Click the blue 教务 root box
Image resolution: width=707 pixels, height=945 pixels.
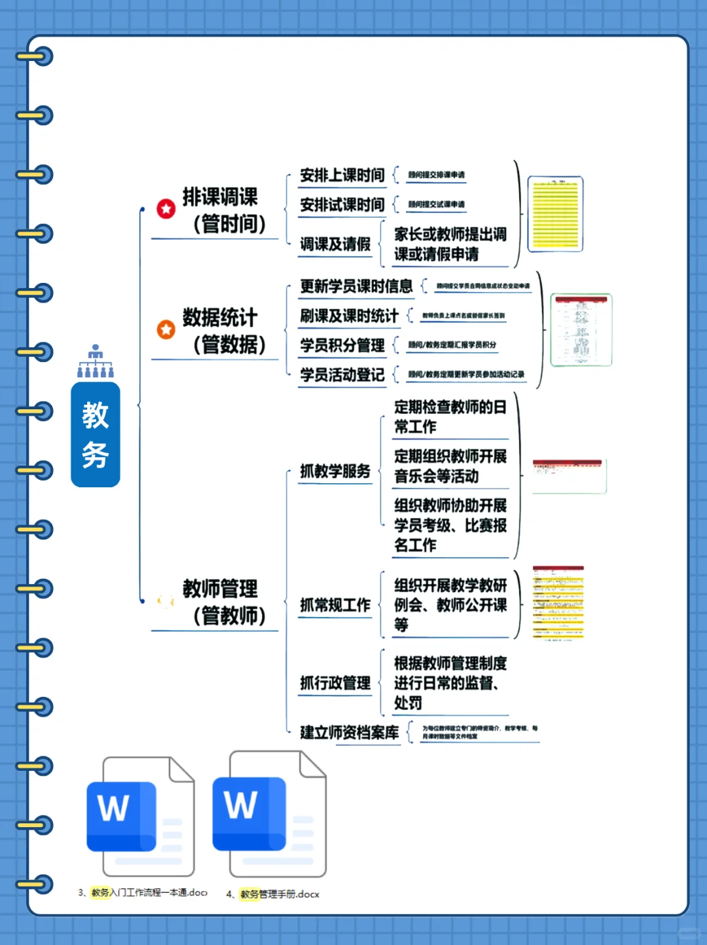(96, 434)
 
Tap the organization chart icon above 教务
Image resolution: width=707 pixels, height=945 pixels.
(96, 361)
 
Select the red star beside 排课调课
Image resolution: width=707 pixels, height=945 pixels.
(166, 209)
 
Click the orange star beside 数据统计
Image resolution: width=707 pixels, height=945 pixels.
(166, 329)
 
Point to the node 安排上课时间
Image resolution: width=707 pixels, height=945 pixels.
(342, 176)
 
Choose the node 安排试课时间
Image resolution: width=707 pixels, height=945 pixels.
(342, 205)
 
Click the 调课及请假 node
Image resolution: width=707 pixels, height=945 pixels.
(335, 244)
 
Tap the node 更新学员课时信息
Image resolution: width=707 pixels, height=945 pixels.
(356, 286)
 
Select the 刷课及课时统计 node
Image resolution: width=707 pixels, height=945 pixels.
(349, 316)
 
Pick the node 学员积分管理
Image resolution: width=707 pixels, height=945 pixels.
(342, 345)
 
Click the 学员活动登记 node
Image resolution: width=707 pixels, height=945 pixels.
(342, 375)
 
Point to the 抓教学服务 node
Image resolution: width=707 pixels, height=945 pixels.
(335, 472)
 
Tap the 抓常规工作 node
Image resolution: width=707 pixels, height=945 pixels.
(335, 605)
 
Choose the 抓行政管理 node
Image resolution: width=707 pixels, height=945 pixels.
(335, 683)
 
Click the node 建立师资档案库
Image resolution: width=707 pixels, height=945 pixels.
(349, 732)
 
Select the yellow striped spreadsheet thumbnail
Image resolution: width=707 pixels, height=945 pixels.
(555, 214)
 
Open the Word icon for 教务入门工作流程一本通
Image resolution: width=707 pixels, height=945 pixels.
(140, 816)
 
